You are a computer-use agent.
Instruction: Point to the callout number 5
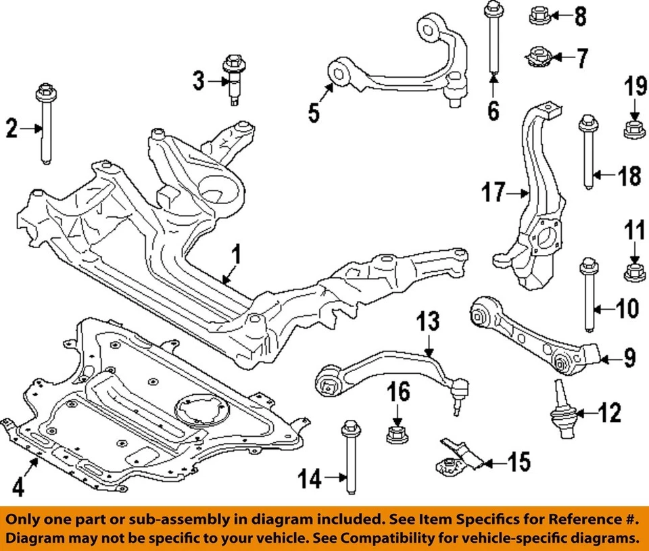click(314, 112)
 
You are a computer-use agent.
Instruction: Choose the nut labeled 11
click(634, 272)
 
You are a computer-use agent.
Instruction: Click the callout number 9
click(629, 358)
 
